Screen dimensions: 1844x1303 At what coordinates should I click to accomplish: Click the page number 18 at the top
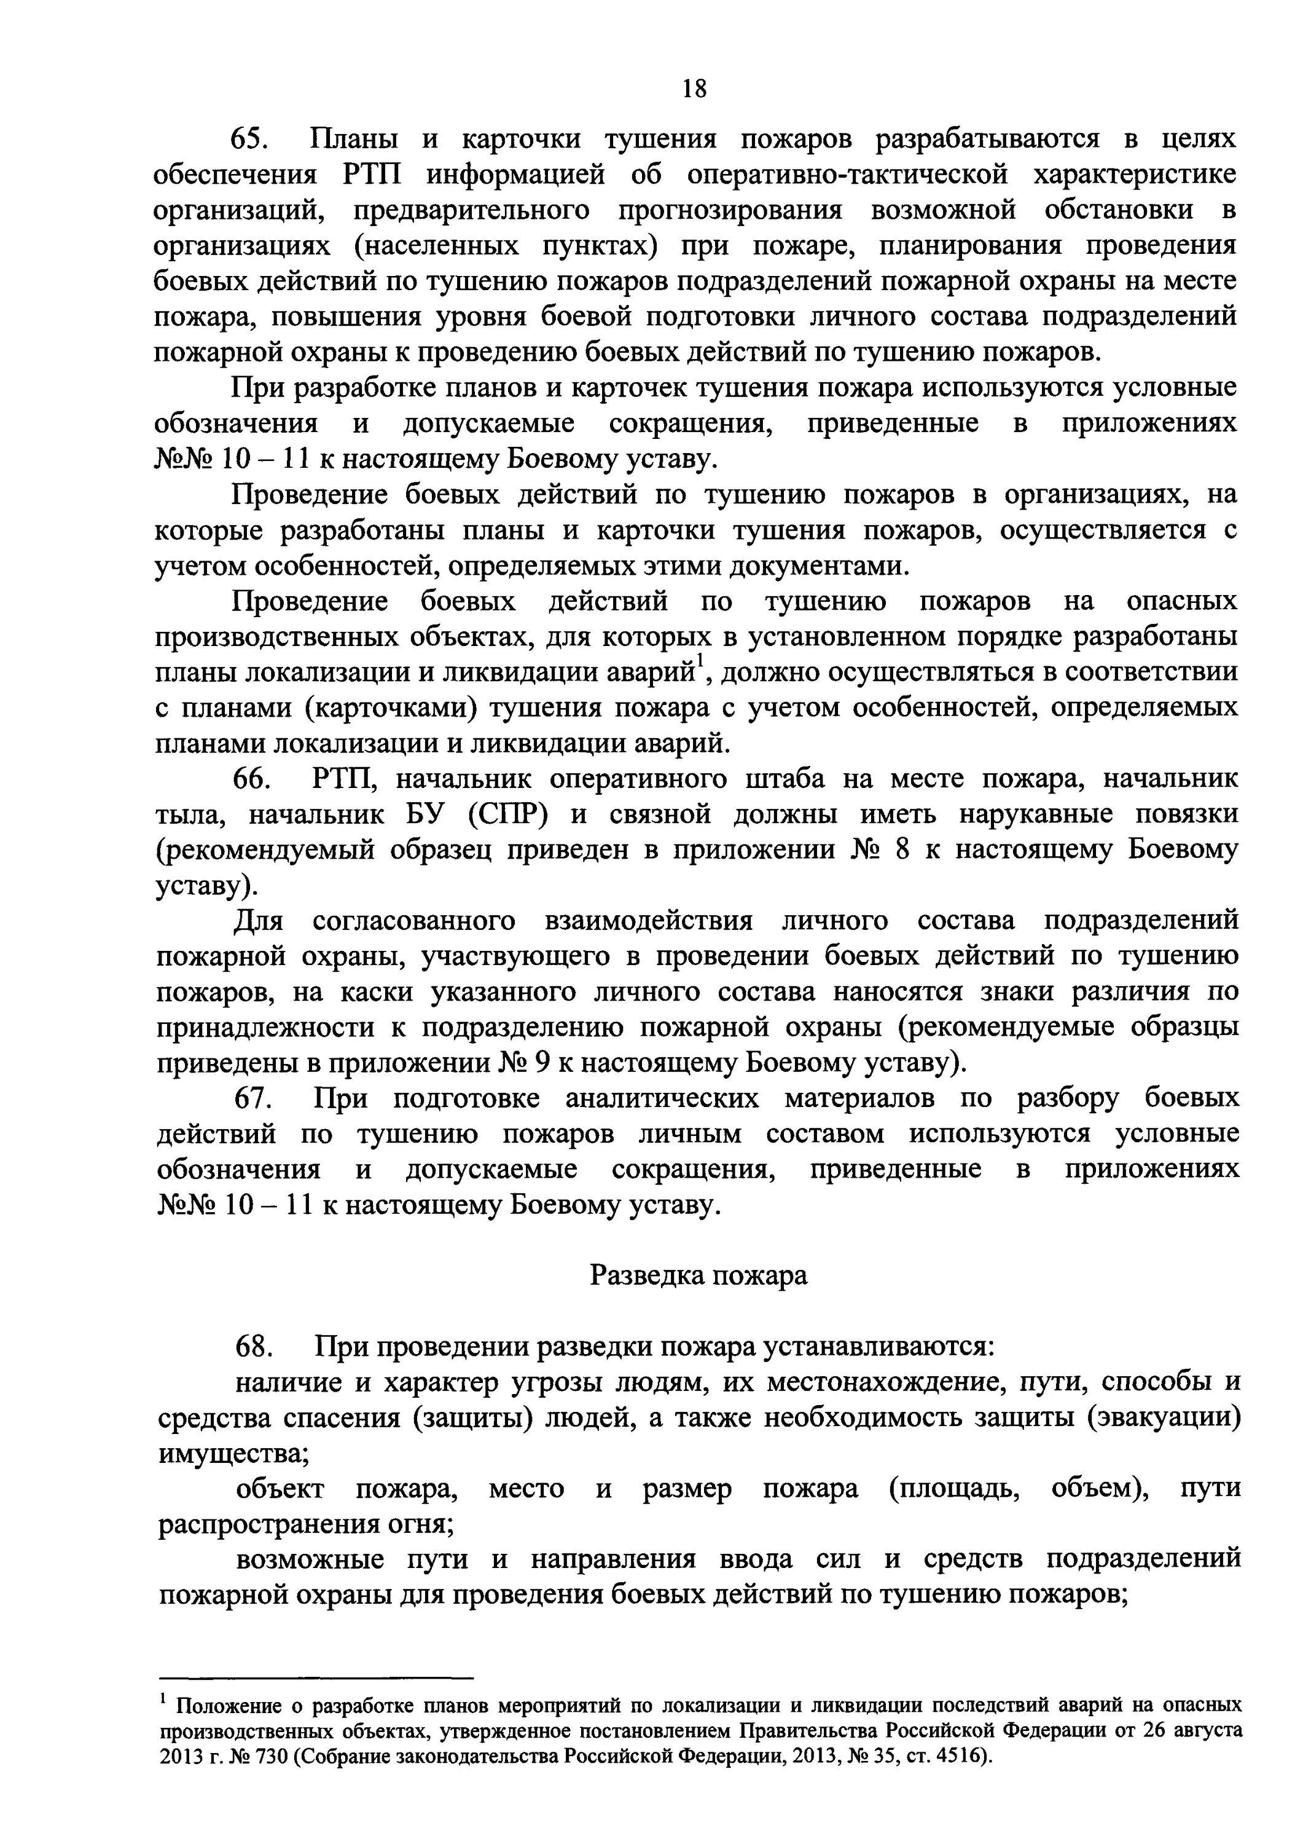click(694, 87)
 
